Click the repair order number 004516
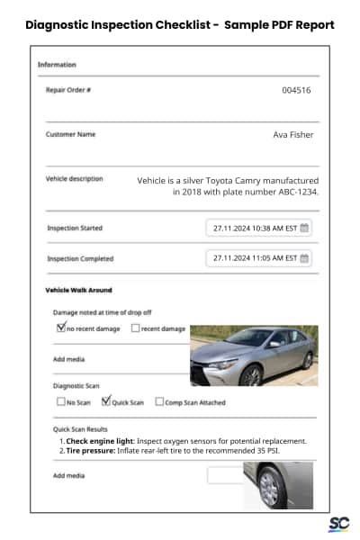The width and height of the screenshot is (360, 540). click(x=296, y=90)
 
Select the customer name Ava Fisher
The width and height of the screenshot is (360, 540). click(x=293, y=135)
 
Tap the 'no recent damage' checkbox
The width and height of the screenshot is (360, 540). click(x=61, y=328)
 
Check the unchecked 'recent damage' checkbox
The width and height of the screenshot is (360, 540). click(x=135, y=328)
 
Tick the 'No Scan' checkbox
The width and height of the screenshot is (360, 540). click(x=61, y=402)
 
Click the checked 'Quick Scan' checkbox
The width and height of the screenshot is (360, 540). click(x=105, y=401)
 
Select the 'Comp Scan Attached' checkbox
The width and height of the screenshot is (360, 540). click(x=159, y=402)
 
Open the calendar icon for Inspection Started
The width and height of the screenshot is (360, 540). click(x=304, y=228)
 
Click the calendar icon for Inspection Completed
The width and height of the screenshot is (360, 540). click(x=304, y=258)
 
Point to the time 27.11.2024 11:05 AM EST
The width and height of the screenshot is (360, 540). click(x=254, y=258)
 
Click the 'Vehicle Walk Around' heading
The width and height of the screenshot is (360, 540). click(x=78, y=291)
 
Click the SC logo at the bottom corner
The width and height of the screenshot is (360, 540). click(x=337, y=524)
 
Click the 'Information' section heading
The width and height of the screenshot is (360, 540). click(x=57, y=65)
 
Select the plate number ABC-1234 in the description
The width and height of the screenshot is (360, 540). click(x=293, y=191)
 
